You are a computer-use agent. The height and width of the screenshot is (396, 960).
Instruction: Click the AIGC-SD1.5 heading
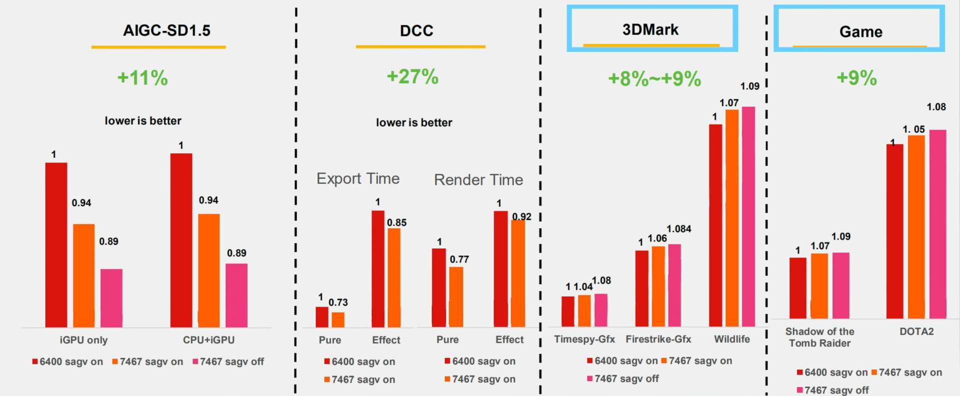(166, 31)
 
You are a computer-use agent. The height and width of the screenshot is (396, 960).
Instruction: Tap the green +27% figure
(412, 77)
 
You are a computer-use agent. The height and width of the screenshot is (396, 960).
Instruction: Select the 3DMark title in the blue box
(650, 30)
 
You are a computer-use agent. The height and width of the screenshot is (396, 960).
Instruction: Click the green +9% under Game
(856, 78)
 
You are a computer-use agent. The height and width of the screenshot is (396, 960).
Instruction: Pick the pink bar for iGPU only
(111, 298)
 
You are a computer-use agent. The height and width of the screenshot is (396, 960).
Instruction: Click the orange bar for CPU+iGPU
(208, 271)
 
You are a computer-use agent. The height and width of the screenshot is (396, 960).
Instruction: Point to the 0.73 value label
(338, 303)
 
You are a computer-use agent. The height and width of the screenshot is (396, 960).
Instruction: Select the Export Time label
(358, 179)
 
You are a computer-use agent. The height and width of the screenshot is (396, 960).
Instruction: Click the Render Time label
(478, 180)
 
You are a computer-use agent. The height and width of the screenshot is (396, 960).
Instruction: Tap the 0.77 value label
(459, 260)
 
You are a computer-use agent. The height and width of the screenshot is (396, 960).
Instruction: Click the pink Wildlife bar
(748, 217)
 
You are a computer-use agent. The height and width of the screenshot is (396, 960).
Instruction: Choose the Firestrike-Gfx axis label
(658, 340)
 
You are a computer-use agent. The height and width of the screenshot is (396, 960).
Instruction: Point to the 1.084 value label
(679, 229)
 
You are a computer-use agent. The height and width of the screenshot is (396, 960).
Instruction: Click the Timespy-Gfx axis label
(584, 340)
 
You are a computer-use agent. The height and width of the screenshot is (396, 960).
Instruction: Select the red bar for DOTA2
(894, 231)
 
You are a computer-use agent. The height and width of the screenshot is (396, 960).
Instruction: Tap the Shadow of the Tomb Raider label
(819, 338)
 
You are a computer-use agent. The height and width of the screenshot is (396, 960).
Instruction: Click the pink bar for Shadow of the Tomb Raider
(841, 286)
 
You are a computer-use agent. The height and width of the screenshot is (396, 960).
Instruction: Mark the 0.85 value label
(396, 223)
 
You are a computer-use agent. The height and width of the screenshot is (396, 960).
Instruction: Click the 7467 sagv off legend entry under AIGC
(228, 362)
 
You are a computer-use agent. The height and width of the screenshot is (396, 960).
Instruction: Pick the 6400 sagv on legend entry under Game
(832, 373)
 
